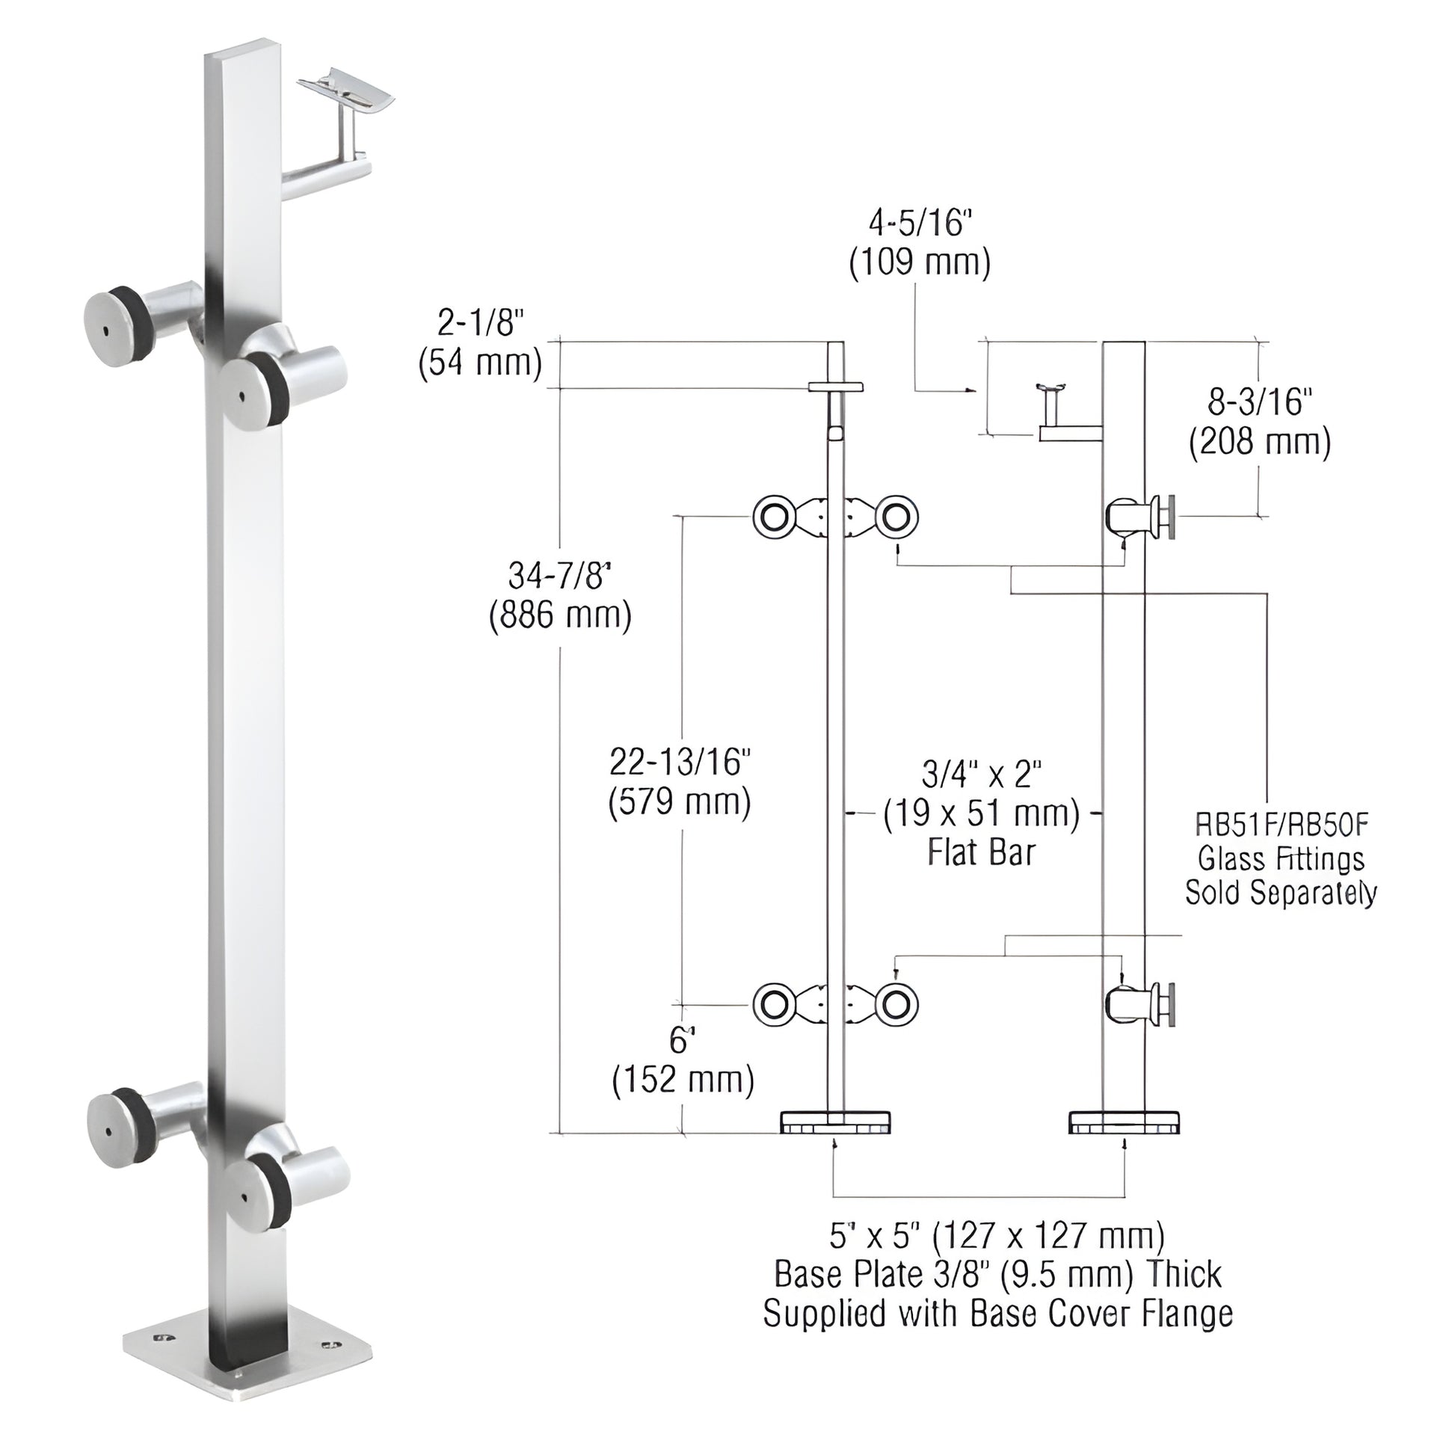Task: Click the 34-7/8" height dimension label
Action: coord(559,576)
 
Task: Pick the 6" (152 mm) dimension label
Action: coord(683,1060)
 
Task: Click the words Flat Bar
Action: coord(981,852)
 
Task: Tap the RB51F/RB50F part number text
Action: coord(1281,825)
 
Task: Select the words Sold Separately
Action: coord(1281,893)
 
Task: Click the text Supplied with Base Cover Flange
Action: coord(998,1314)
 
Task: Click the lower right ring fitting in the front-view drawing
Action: coord(896,1005)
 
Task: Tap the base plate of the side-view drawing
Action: coord(1125,1122)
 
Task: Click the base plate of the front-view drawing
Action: coord(835,1122)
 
